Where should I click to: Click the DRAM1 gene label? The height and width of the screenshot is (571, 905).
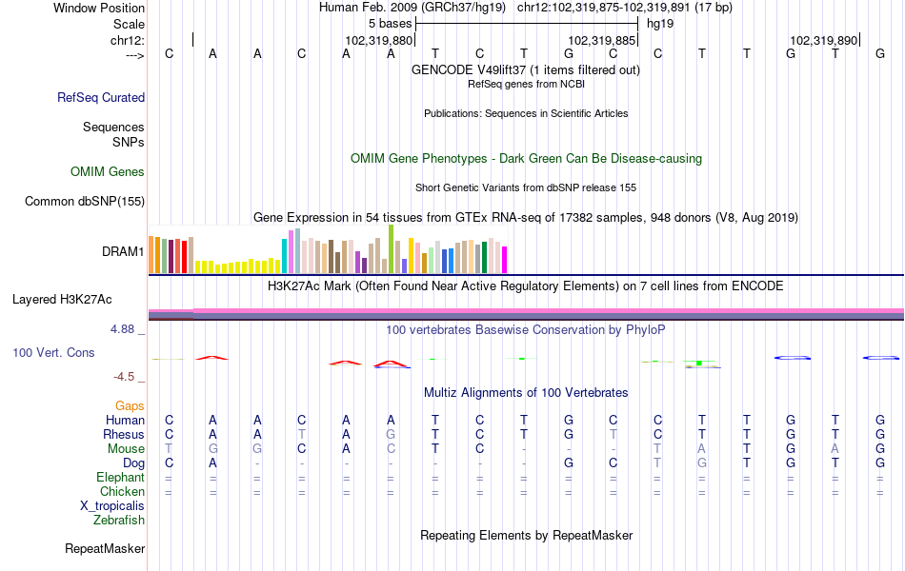[123, 251]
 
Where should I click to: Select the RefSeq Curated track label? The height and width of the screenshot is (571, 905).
[101, 97]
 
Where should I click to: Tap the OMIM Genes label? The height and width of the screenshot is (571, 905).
[108, 171]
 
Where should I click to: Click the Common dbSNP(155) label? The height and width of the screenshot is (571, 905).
[85, 201]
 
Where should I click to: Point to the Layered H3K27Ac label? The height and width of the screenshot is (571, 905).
[62, 300]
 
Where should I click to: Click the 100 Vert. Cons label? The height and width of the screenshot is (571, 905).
[53, 352]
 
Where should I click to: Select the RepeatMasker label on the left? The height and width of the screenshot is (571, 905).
[105, 548]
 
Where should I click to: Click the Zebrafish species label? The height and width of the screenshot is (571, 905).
[119, 520]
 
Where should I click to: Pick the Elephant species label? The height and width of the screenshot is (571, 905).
[121, 477]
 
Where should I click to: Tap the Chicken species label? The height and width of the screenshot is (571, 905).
[122, 491]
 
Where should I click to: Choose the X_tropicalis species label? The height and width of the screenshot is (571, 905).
[112, 506]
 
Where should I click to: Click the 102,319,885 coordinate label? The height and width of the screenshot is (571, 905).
[602, 40]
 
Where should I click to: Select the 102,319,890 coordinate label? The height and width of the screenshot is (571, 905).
[824, 40]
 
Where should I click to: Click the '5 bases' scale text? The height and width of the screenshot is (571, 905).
[391, 24]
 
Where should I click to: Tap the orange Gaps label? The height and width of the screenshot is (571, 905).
[130, 406]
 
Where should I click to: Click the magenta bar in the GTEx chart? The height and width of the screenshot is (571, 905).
[505, 260]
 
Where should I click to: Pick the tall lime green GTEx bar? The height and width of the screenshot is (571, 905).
[391, 248]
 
